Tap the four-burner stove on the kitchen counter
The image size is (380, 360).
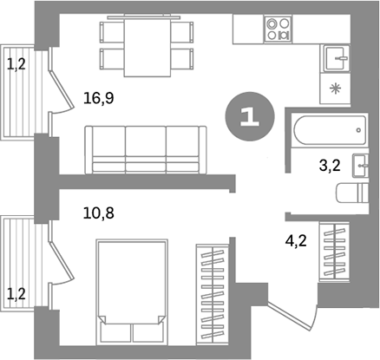(279, 32)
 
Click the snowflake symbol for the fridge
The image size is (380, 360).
(337, 88)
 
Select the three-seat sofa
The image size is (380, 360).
(146, 148)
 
